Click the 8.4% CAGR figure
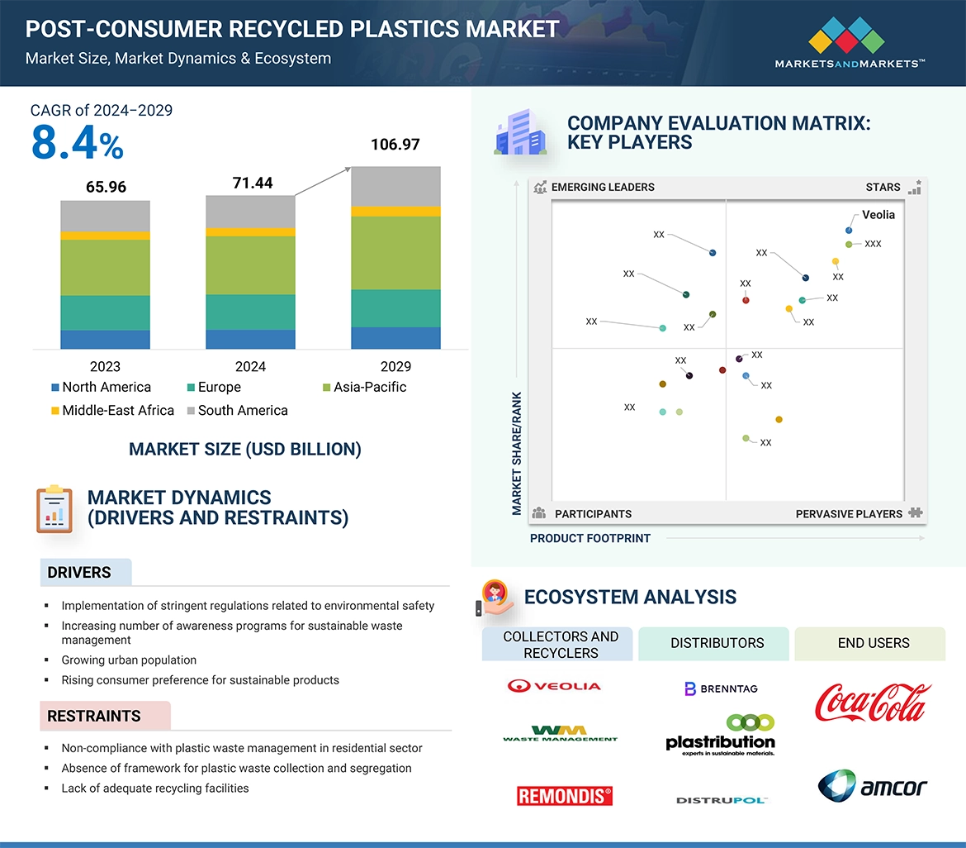pyautogui.click(x=77, y=142)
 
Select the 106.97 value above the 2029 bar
pyautogui.click(x=395, y=145)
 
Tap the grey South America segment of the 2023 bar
pyautogui.click(x=105, y=216)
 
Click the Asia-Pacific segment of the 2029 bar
pyautogui.click(x=395, y=253)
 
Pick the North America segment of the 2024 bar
pyautogui.click(x=250, y=339)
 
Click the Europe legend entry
pyautogui.click(x=214, y=387)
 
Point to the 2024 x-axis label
pyautogui.click(x=250, y=366)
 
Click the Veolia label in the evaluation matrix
pyautogui.click(x=878, y=215)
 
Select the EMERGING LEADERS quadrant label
pyautogui.click(x=602, y=187)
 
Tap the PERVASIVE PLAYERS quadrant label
pyautogui.click(x=849, y=513)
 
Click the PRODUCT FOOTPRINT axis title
pyautogui.click(x=590, y=538)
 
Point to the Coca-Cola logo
pyautogui.click(x=873, y=702)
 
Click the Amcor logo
pyautogui.click(x=873, y=785)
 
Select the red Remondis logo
pyautogui.click(x=565, y=795)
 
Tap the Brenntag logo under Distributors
pyautogui.click(x=721, y=688)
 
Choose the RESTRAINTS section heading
pyautogui.click(x=93, y=716)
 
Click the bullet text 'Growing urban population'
pyautogui.click(x=129, y=660)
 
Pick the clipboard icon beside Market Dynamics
pyautogui.click(x=54, y=508)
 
